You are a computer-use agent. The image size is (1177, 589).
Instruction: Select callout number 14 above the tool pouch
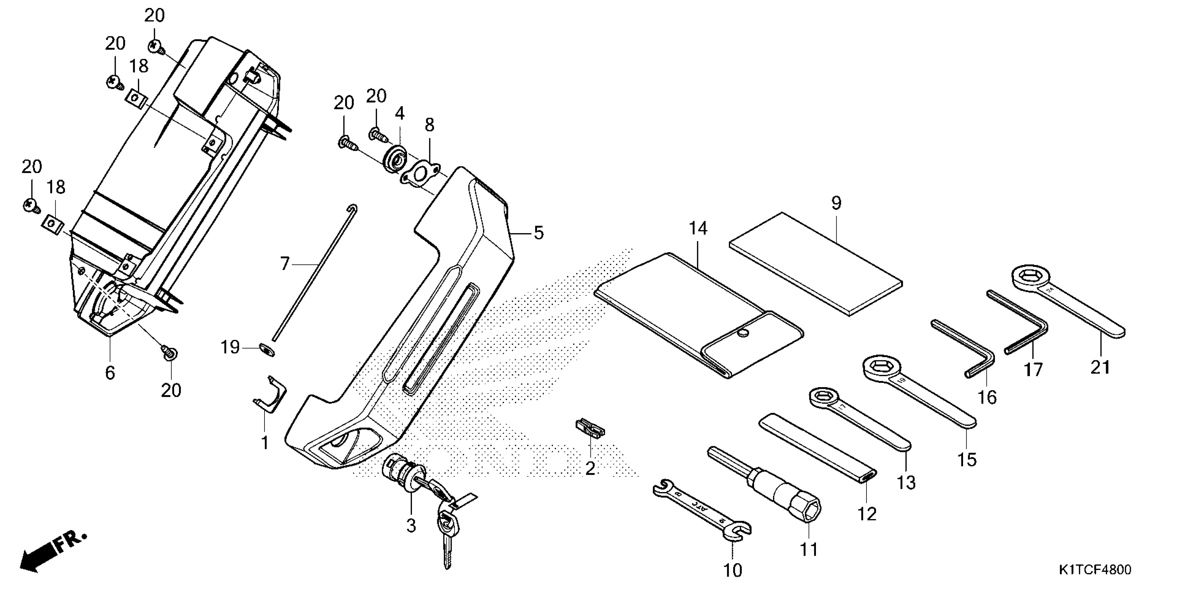698,228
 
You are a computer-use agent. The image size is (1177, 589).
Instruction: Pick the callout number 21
1100,367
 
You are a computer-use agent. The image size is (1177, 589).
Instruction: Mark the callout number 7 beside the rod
285,264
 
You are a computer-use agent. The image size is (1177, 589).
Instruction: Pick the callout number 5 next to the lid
539,233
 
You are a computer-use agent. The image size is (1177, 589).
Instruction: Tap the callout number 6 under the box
110,373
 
